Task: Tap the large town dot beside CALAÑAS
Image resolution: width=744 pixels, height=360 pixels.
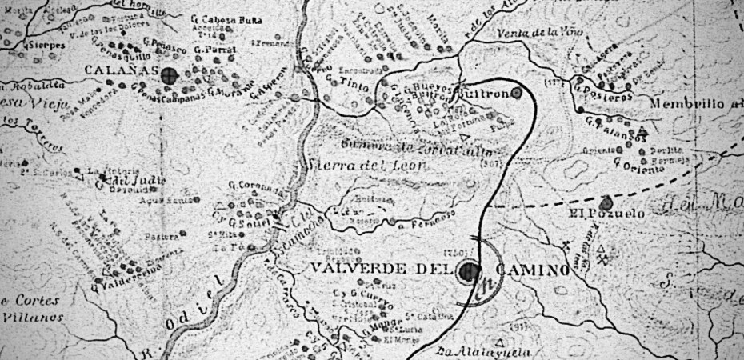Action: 168,76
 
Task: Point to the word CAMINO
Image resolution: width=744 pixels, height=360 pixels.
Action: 532,270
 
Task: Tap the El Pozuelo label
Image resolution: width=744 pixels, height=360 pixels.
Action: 596,214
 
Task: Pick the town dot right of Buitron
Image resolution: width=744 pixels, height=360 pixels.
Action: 517,93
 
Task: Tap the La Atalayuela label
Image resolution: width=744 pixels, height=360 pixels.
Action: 476,351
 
